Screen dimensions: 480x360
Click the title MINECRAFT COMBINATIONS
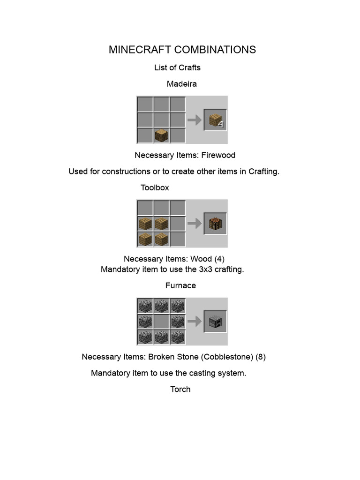[x=182, y=50]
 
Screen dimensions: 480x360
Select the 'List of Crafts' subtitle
[x=177, y=67]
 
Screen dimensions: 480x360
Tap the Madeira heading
[x=181, y=84]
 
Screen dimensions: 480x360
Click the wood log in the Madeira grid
[x=161, y=136]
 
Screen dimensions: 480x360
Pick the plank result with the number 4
[x=215, y=120]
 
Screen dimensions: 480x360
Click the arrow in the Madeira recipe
[x=194, y=120]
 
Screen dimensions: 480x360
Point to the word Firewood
[x=216, y=155]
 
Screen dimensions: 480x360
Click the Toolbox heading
[x=155, y=187]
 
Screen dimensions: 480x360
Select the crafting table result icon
[x=215, y=224]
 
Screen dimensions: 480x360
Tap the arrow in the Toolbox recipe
[x=194, y=224]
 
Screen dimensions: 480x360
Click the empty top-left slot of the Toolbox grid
[x=145, y=208]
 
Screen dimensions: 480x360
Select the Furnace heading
[x=180, y=285]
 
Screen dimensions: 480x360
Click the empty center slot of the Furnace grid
[x=161, y=322]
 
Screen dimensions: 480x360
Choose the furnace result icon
[x=215, y=322]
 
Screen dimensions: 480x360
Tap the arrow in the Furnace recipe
[x=194, y=322]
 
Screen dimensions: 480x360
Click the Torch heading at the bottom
[x=180, y=389]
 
